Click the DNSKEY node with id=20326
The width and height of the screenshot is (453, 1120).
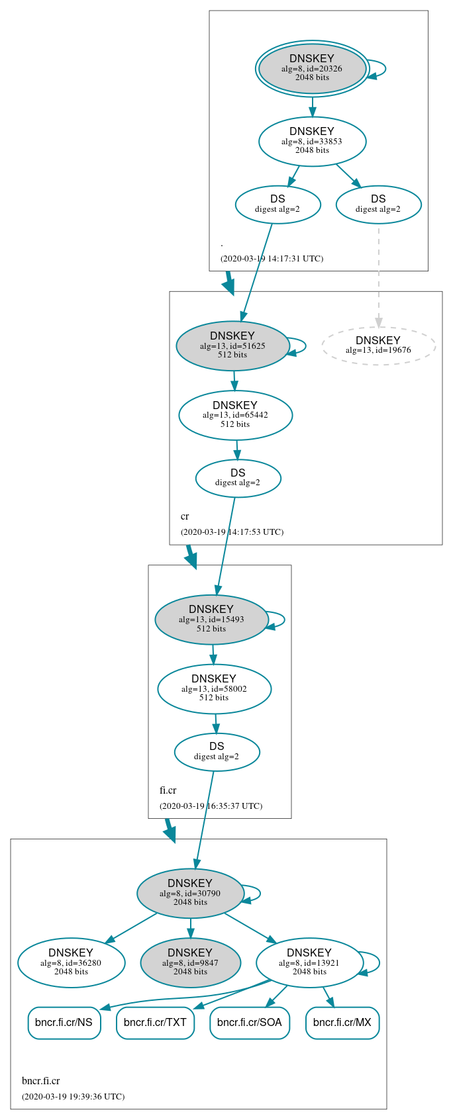(312, 69)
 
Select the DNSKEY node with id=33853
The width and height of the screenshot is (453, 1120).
(312, 141)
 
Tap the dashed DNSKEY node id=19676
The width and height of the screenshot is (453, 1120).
(378, 346)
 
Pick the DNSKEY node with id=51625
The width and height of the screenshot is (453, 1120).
(232, 346)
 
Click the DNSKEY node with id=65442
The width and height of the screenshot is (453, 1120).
(235, 415)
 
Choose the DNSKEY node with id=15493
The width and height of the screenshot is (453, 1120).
(211, 620)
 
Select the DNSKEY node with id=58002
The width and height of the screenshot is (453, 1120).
(214, 689)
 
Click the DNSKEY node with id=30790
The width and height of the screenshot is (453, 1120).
(190, 893)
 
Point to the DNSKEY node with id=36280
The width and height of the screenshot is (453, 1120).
(71, 962)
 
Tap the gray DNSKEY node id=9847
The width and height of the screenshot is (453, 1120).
(190, 962)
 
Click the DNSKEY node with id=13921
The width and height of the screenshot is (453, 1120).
(309, 962)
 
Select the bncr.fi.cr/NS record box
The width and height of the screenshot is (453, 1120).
(64, 1023)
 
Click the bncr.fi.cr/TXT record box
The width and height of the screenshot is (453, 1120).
(156, 1023)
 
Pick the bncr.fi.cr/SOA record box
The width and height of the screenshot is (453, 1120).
(250, 1023)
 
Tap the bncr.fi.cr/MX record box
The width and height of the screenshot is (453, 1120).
(342, 1023)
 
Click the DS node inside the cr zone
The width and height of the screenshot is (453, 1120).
(238, 478)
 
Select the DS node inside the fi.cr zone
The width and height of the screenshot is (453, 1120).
(217, 752)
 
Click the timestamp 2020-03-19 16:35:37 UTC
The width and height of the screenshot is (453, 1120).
(211, 806)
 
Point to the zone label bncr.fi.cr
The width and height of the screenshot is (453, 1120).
(41, 1081)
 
